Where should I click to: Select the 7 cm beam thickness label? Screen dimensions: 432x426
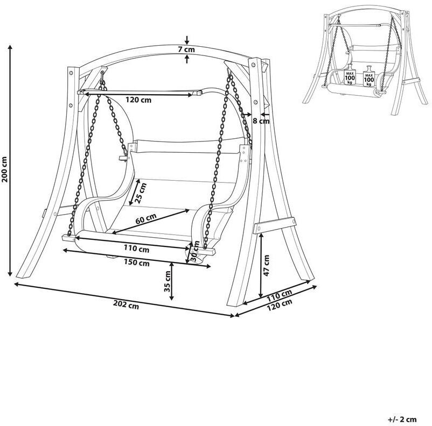186,49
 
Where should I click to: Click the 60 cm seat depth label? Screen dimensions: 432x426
145,219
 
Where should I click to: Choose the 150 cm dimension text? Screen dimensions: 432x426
136,263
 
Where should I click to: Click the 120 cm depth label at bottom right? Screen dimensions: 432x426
280,305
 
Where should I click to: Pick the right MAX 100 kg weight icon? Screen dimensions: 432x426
369,76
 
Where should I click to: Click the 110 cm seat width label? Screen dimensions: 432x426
137,248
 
